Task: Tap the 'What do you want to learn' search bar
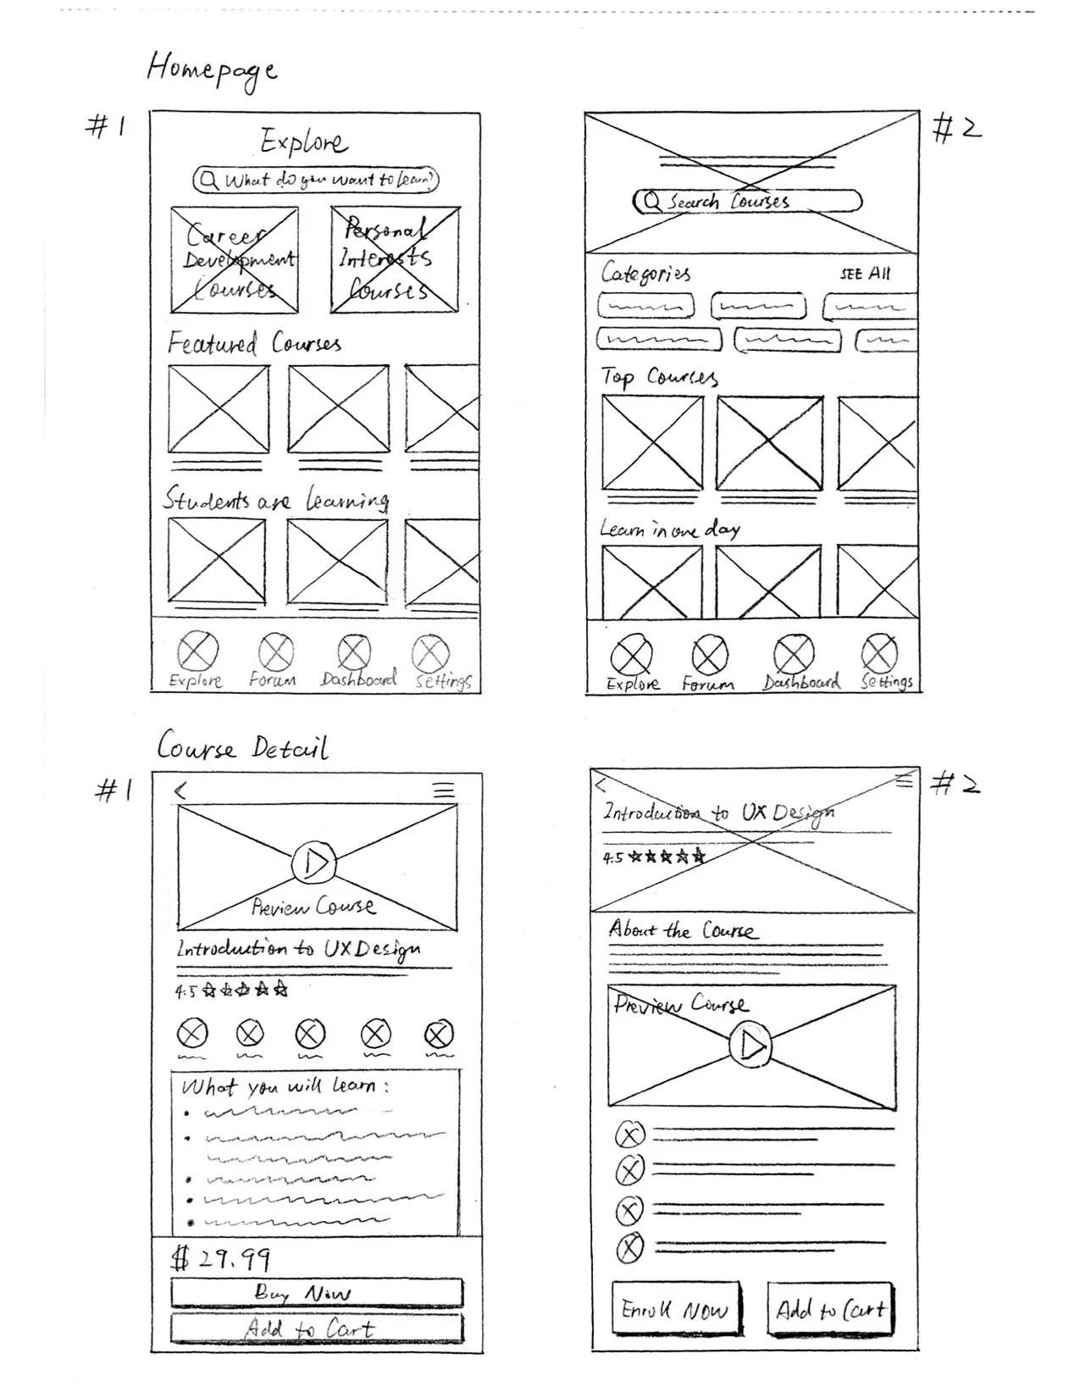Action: coord(316,180)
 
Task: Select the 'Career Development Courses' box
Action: coord(235,260)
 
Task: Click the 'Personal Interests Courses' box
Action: coord(395,259)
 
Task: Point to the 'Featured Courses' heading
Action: coord(253,343)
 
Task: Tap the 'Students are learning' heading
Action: coord(275,499)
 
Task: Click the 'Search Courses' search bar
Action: coord(747,202)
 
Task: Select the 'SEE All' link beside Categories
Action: coord(865,274)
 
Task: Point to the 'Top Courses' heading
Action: coord(659,376)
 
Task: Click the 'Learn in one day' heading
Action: coord(669,530)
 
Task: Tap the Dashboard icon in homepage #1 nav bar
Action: coord(354,654)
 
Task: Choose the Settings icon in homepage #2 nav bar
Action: coord(879,654)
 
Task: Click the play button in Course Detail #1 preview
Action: coord(314,863)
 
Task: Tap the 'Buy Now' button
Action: coord(317,1293)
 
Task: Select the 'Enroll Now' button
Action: coord(675,1310)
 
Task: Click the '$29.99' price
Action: coord(221,1259)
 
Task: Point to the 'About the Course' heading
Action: coord(681,930)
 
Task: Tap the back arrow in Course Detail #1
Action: coord(180,791)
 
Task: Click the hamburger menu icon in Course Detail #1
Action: coord(444,791)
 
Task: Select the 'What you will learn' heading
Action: coord(285,1086)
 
